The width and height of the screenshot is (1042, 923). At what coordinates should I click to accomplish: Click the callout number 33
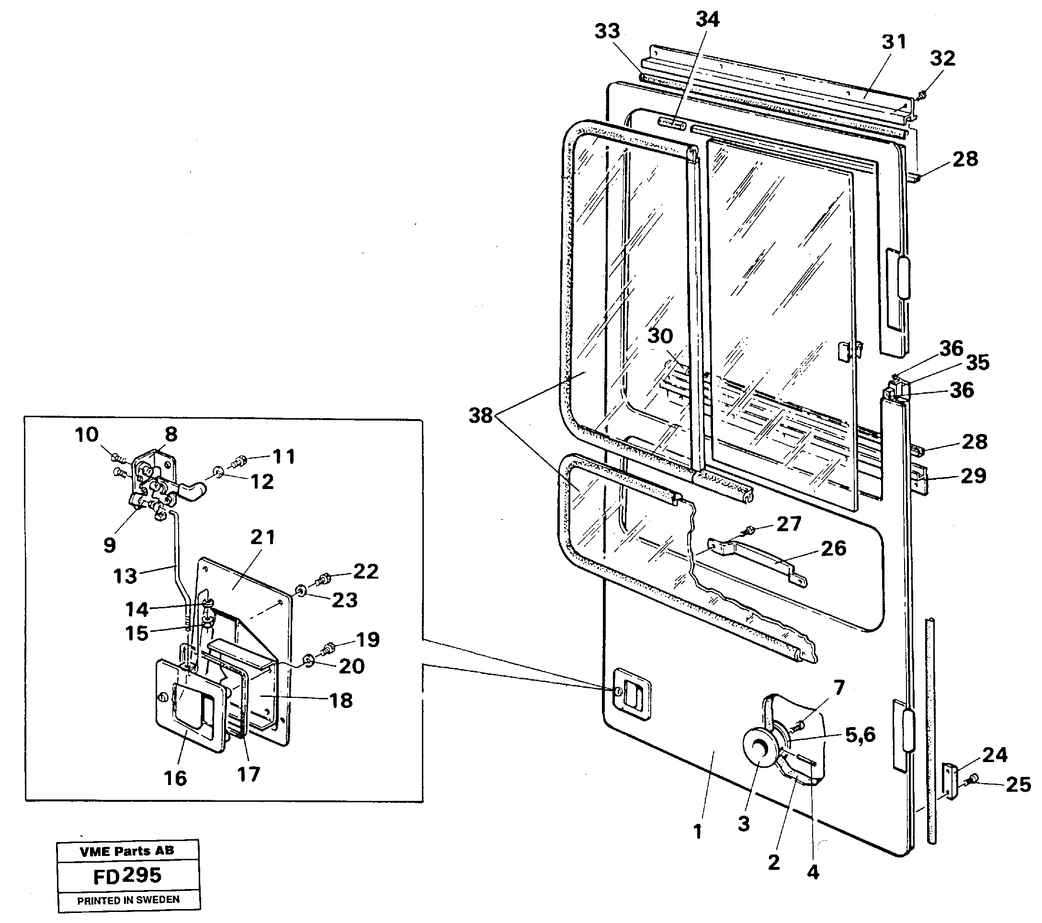coord(607,32)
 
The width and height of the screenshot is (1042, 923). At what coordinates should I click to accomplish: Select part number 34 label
coord(707,20)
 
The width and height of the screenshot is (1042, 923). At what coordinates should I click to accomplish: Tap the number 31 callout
coord(894,42)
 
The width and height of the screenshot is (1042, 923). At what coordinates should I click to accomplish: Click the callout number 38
coord(480,416)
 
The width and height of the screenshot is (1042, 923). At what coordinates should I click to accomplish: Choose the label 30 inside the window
coord(660,336)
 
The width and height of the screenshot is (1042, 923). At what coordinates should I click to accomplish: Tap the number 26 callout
coord(833,548)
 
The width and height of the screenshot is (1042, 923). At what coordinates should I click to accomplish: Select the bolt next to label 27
coord(749,530)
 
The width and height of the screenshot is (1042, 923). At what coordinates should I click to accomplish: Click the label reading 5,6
coord(860,735)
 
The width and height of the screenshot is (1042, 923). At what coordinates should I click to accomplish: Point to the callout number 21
coord(262,537)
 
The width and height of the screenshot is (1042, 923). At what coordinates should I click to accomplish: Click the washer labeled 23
coord(301,591)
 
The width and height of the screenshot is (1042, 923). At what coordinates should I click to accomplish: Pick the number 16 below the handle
coord(175,778)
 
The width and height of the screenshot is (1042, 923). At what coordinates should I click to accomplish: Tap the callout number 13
coord(125,576)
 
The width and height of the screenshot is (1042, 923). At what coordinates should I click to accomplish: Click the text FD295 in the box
coord(127,876)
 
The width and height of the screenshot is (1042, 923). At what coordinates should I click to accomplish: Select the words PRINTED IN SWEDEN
coord(128,900)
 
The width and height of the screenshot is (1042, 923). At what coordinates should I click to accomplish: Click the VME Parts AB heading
coord(127,851)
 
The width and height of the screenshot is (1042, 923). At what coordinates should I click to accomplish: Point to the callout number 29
coord(973,476)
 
